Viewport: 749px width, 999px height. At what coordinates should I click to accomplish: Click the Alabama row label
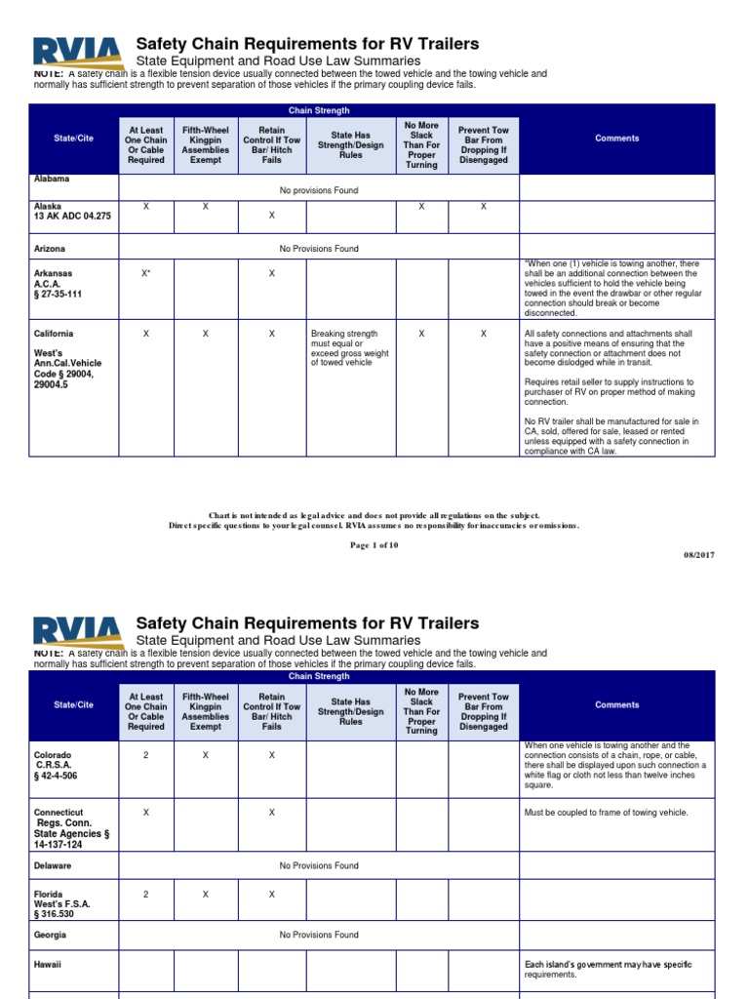[x=52, y=180]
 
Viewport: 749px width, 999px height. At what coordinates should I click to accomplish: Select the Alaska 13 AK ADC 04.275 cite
[x=72, y=212]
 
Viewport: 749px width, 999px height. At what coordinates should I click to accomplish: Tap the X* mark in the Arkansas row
[x=146, y=274]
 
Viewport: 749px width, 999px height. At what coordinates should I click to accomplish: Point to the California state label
[x=54, y=334]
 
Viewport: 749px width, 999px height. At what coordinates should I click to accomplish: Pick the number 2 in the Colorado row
[x=146, y=755]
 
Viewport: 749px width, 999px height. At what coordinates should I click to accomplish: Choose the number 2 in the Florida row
[x=146, y=894]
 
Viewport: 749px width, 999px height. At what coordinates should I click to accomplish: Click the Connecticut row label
[x=59, y=812]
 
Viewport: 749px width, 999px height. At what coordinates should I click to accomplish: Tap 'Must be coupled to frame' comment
[x=606, y=812]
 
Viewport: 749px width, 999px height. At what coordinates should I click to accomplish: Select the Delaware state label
[x=53, y=865]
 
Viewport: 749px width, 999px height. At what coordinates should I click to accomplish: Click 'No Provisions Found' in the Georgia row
[x=319, y=935]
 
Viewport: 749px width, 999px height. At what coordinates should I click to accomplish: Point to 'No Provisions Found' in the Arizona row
[x=319, y=249]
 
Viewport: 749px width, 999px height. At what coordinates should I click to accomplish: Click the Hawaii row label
[x=48, y=964]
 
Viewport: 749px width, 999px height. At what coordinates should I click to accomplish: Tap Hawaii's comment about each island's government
[x=608, y=969]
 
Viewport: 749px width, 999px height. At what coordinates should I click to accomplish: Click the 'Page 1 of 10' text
[x=374, y=545]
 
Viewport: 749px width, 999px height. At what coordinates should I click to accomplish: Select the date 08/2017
[x=698, y=554]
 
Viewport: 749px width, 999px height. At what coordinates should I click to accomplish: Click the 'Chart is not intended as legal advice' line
[x=374, y=515]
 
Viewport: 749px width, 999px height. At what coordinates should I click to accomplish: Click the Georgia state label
[x=51, y=935]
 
